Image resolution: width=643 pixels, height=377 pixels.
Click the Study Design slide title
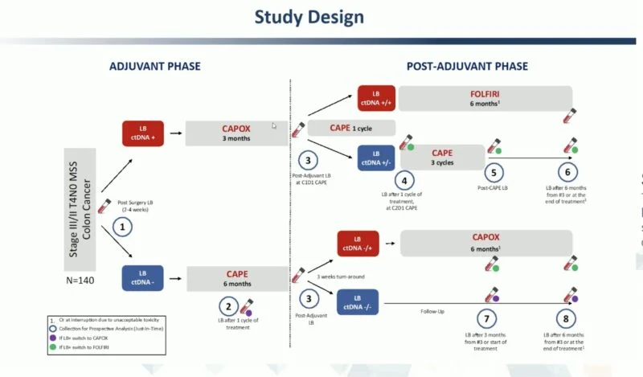point(309,17)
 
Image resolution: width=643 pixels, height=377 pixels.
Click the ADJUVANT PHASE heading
point(155,66)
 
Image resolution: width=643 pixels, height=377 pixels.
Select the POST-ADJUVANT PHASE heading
point(466,66)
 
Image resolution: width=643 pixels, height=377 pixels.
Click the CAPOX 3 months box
point(236,133)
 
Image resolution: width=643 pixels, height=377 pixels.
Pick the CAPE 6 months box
point(237,278)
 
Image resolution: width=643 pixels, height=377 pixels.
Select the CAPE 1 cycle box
point(351,128)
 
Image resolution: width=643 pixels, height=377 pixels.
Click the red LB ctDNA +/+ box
point(376,98)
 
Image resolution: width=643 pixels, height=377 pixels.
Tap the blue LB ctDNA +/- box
point(376,157)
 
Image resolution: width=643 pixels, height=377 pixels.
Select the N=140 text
point(80,281)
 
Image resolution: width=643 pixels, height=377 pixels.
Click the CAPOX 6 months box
point(486,243)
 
